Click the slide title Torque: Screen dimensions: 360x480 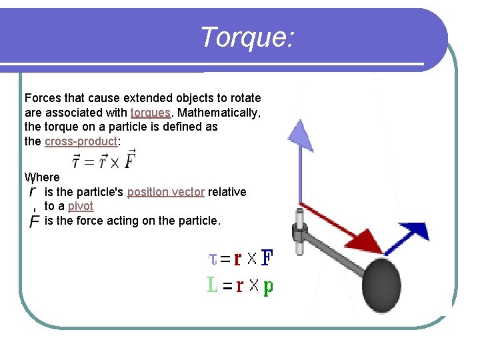click(x=246, y=37)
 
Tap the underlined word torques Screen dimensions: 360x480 click(x=150, y=112)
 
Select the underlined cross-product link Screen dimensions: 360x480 click(x=80, y=141)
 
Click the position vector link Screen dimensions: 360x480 click(x=165, y=192)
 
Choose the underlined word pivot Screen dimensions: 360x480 click(x=81, y=206)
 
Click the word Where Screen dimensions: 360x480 click(x=42, y=177)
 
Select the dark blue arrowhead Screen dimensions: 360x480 click(x=416, y=231)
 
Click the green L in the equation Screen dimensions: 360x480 click(x=213, y=285)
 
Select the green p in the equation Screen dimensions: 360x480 click(x=268, y=287)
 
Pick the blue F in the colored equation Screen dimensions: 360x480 click(x=267, y=257)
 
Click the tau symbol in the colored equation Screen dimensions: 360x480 click(x=213, y=257)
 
